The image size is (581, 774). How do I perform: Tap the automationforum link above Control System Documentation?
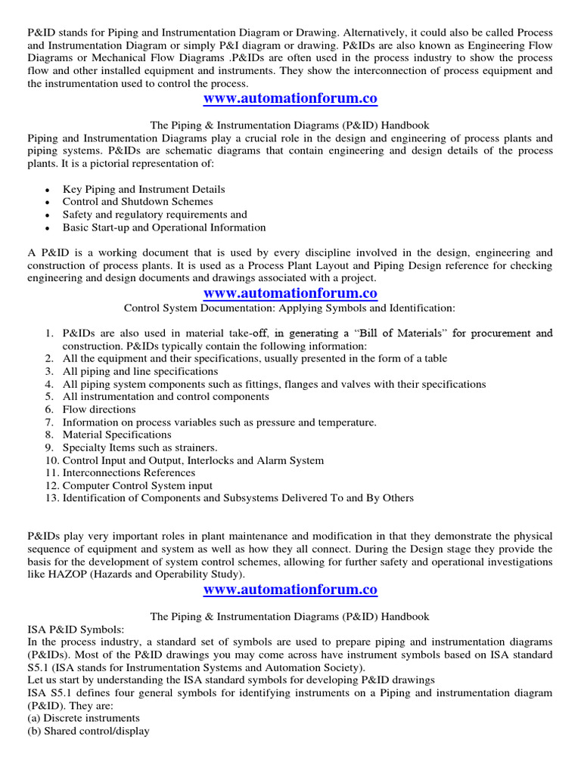click(x=290, y=293)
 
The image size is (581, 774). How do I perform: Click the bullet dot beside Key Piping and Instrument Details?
click(x=48, y=190)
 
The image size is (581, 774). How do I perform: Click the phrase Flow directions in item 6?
click(x=89, y=409)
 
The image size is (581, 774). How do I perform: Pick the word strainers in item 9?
click(x=192, y=447)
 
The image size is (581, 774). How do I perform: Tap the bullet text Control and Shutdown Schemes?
click(x=138, y=202)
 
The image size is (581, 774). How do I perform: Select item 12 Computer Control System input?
click(x=137, y=485)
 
